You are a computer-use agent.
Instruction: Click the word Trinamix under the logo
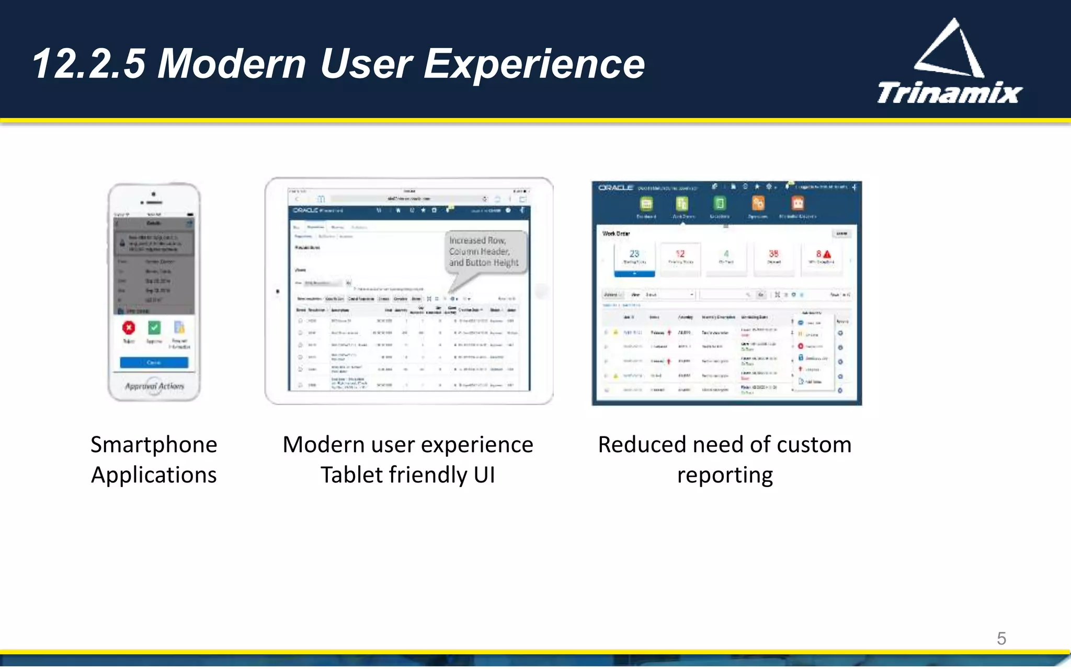tap(949, 94)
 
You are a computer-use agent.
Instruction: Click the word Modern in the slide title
tap(232, 64)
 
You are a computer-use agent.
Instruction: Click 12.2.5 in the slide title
tap(88, 64)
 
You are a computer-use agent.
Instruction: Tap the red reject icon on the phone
tap(129, 328)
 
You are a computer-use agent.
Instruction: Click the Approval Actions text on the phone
tap(154, 386)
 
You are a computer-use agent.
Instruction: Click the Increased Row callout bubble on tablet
tap(484, 251)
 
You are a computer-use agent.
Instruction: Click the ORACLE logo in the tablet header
tap(305, 210)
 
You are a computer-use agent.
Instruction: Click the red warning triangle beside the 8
tap(827, 254)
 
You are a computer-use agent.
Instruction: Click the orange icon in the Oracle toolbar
tap(758, 203)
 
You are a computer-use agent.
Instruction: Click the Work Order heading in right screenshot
tap(616, 234)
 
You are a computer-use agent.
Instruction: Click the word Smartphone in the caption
tap(154, 445)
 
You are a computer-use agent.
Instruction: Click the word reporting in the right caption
tap(725, 475)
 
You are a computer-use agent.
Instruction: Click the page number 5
tap(1001, 638)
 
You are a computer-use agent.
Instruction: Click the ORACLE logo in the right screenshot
tap(616, 188)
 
